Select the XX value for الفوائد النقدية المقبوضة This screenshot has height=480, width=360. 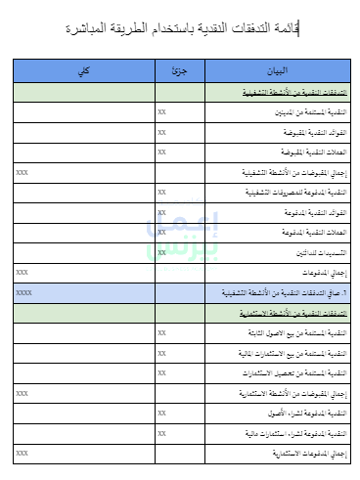161,132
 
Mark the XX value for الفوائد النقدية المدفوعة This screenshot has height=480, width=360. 161,212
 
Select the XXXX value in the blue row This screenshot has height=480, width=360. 24,292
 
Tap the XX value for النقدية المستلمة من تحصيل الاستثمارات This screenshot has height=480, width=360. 161,372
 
